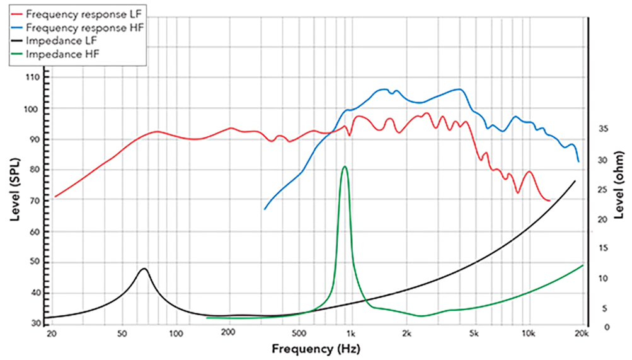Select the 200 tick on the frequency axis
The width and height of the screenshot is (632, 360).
pyautogui.click(x=228, y=333)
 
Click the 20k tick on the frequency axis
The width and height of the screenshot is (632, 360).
pyautogui.click(x=581, y=333)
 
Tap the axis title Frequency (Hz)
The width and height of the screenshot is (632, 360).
pyautogui.click(x=316, y=348)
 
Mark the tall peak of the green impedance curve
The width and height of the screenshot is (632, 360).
pyautogui.click(x=344, y=166)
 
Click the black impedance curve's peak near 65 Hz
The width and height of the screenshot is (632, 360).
pyautogui.click(x=144, y=269)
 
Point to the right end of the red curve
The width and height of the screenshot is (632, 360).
pyautogui.click(x=549, y=200)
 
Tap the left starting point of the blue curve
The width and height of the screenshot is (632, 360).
pyautogui.click(x=265, y=209)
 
